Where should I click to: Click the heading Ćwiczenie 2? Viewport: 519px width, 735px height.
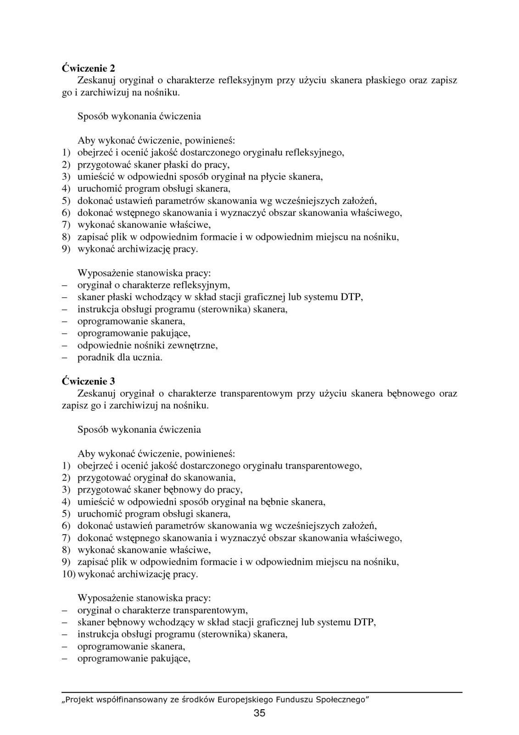click(x=88, y=68)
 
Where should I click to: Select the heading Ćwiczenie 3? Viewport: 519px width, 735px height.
click(x=88, y=381)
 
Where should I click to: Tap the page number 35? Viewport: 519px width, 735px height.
click(x=259, y=713)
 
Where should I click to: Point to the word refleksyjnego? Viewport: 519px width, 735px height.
click(x=314, y=153)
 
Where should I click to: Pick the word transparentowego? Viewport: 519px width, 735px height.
click(x=323, y=466)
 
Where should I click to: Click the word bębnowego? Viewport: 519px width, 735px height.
click(x=411, y=394)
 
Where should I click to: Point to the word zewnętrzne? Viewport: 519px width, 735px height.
click(x=194, y=345)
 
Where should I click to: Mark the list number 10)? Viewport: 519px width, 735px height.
click(x=69, y=574)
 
